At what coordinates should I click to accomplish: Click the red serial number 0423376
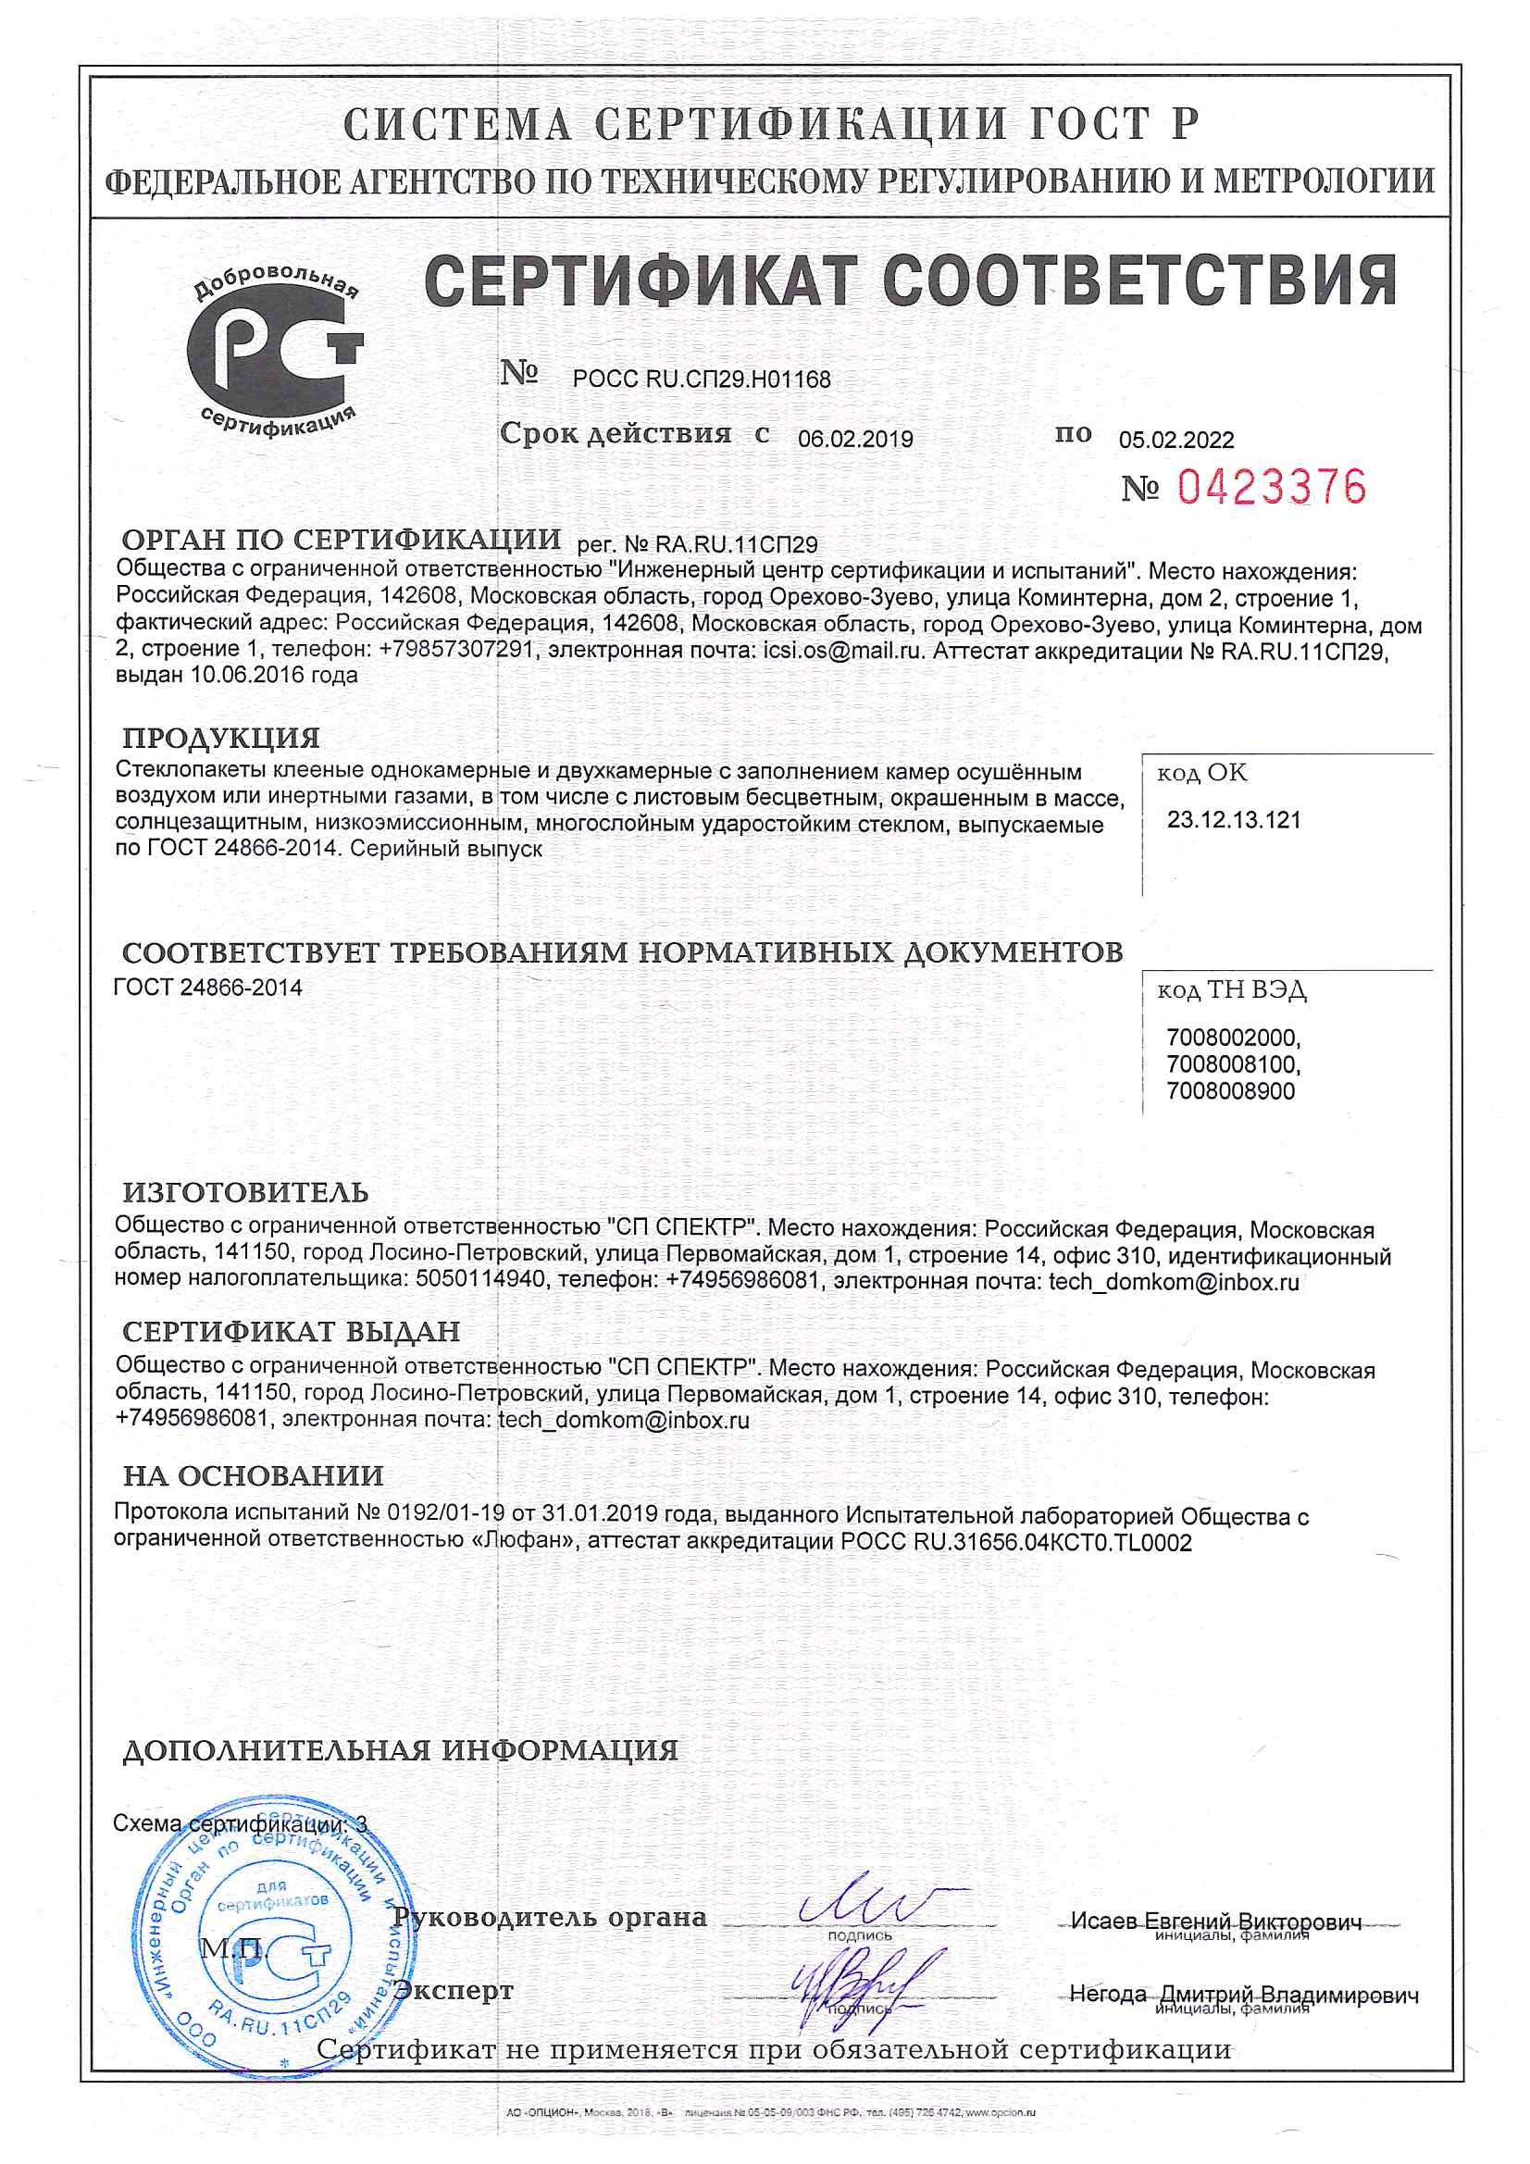click(x=1271, y=487)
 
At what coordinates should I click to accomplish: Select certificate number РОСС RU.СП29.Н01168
click(x=702, y=379)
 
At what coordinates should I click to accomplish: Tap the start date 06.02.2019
click(x=855, y=440)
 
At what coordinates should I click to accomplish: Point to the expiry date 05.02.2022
click(x=1175, y=441)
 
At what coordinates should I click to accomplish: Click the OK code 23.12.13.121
click(x=1233, y=820)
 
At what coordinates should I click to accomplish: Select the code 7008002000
click(x=1232, y=1038)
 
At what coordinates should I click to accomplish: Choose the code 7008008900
click(x=1230, y=1091)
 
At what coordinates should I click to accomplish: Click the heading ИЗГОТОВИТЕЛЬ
click(x=245, y=1192)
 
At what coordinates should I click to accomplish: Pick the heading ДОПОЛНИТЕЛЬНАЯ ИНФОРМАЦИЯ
click(x=400, y=1750)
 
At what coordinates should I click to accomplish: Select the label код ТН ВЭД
click(x=1231, y=990)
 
